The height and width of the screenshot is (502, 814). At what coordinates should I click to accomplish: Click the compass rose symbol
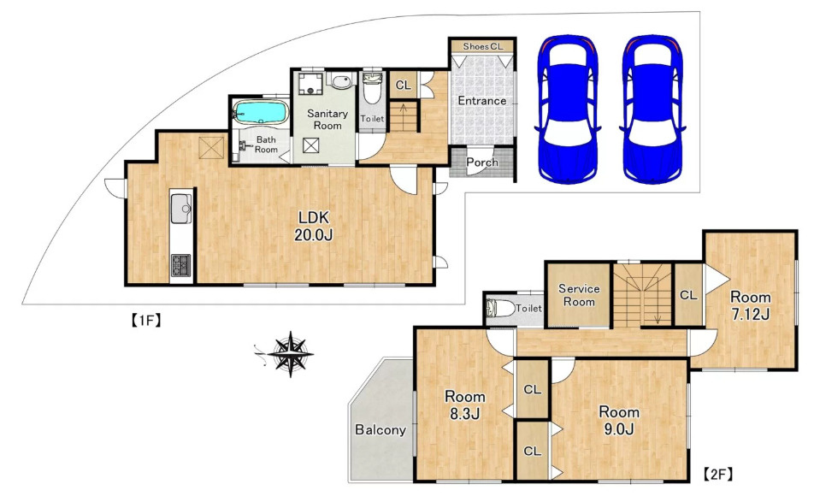pos(290,354)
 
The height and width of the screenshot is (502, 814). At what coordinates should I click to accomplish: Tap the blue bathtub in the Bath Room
pos(260,113)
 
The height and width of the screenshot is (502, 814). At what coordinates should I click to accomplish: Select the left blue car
pos(568,109)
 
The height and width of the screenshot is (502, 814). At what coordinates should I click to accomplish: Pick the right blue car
pos(652,109)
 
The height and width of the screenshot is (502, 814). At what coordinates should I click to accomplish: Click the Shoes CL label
pos(483,46)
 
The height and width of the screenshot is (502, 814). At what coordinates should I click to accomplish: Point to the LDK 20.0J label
pos(314,226)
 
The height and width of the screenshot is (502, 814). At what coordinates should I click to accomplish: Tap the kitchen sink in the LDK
pos(181,208)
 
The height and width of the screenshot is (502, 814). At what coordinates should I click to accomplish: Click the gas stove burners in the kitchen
pos(180,265)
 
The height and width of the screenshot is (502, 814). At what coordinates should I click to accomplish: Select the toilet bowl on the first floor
pos(372,88)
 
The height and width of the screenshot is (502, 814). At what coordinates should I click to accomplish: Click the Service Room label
pos(579,295)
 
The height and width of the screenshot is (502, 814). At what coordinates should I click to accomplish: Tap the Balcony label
pos(380,430)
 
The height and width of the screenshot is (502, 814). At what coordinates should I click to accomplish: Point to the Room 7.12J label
pos(750,305)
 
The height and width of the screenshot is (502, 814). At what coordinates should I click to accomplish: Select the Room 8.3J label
pos(464,405)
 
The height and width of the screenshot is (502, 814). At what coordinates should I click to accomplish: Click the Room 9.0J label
pos(619,421)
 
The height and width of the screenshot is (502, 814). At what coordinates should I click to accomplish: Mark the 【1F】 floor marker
pos(145,321)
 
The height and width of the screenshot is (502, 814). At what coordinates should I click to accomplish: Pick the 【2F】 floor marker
pos(718,474)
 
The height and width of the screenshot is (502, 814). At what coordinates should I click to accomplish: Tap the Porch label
pos(481,162)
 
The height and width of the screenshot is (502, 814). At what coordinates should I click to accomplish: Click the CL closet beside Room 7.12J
pos(688,295)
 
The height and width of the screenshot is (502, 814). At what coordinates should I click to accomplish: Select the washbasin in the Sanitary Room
pos(340,81)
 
